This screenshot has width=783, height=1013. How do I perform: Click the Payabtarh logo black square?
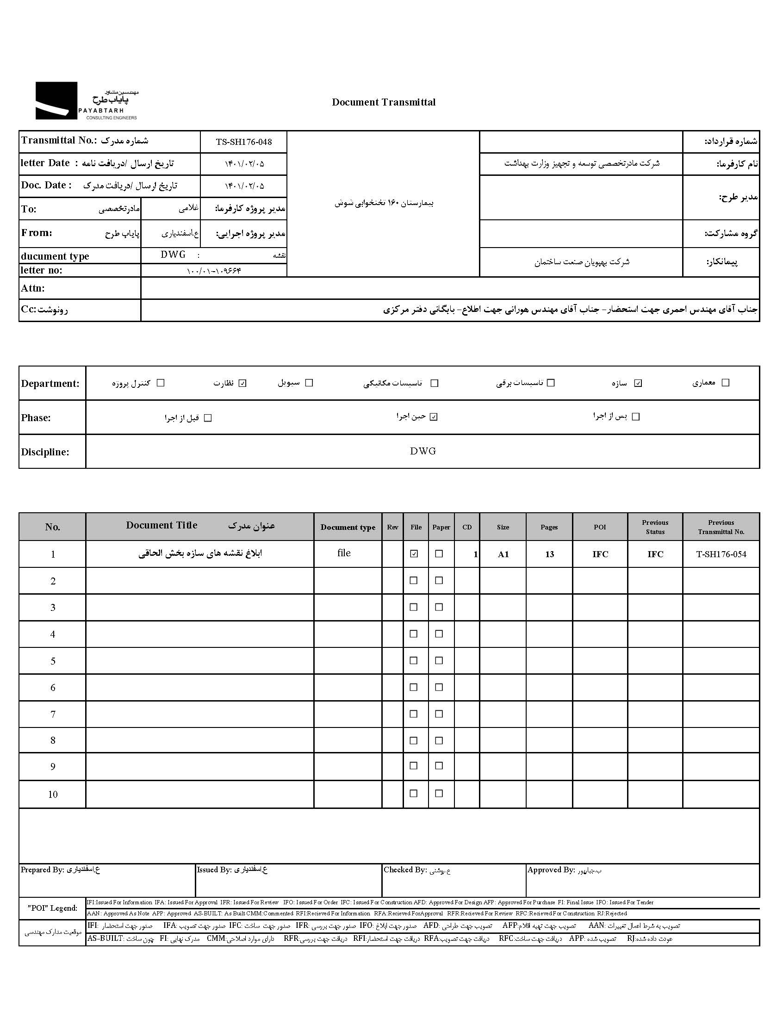[x=56, y=100]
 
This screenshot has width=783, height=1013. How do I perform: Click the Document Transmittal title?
[x=384, y=102]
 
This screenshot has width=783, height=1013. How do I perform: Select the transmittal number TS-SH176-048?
[x=243, y=142]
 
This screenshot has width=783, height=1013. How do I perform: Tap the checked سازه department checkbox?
[x=638, y=383]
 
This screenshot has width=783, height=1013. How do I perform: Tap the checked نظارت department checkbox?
[x=242, y=383]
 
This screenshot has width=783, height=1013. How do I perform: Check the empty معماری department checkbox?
[x=726, y=383]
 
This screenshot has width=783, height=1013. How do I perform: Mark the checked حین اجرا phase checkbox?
[x=434, y=417]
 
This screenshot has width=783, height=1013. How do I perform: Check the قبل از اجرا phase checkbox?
[x=208, y=418]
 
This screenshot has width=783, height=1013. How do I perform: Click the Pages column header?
[x=549, y=527]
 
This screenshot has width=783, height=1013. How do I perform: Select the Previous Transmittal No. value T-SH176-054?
[x=721, y=554]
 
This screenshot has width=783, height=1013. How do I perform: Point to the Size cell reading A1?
[x=503, y=554]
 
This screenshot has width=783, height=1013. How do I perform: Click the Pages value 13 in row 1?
[x=549, y=554]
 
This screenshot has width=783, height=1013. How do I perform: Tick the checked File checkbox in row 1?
[x=414, y=554]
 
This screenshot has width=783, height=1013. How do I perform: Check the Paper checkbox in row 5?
[x=439, y=660]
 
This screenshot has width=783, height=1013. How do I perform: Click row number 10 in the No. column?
[x=53, y=795]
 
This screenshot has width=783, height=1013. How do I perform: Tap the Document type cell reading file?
[x=344, y=553]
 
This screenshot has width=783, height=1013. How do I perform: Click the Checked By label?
[x=405, y=870]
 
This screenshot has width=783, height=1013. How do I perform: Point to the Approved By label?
[x=551, y=870]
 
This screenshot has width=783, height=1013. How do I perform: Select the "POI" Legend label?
[x=52, y=908]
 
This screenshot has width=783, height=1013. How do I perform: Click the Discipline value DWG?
[x=423, y=451]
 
